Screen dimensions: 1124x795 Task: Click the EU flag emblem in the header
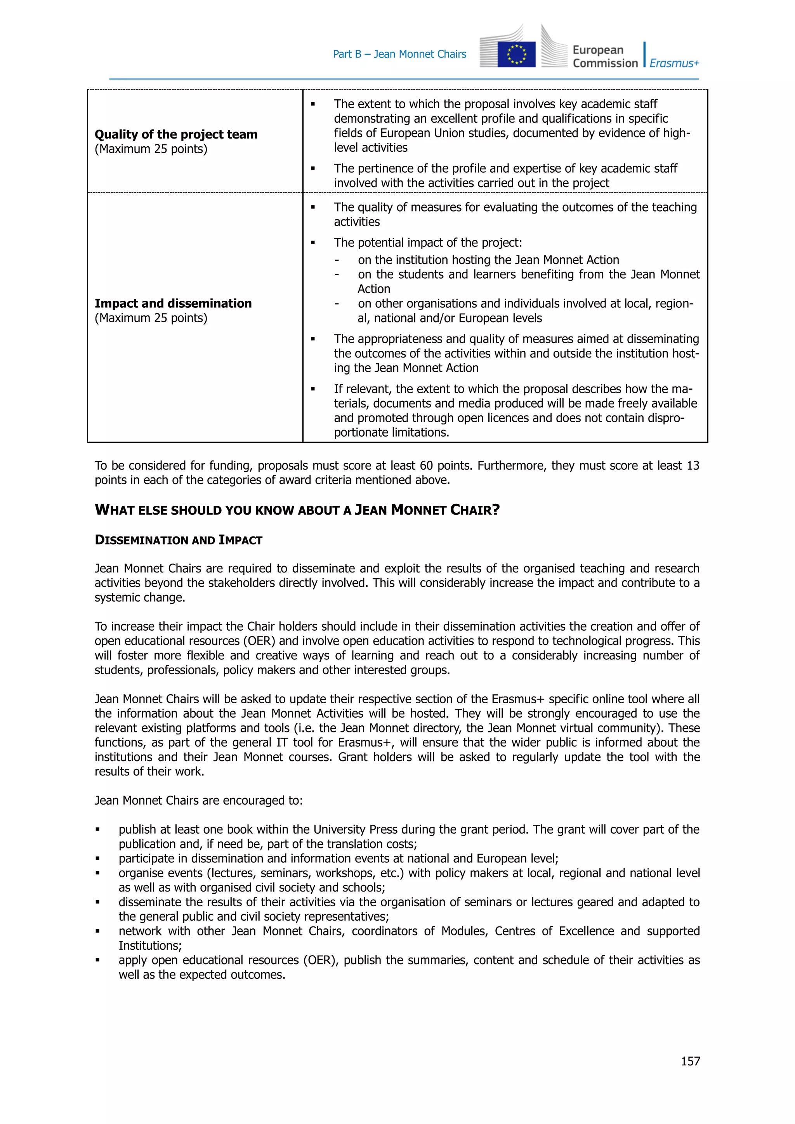tap(516, 54)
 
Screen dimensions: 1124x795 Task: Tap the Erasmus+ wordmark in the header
tap(674, 63)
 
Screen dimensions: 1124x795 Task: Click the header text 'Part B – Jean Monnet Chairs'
tap(399, 54)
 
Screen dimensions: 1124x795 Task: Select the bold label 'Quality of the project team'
tap(176, 135)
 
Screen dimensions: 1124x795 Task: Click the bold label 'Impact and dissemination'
tap(173, 304)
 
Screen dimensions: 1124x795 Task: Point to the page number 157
tap(690, 1061)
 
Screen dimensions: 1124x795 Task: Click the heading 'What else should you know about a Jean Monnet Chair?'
tap(297, 510)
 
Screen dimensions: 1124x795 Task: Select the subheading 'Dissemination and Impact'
tap(178, 541)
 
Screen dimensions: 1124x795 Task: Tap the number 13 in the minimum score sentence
tap(693, 466)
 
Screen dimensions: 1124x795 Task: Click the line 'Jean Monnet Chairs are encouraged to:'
tap(199, 800)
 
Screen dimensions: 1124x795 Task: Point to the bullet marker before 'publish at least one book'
tap(98, 830)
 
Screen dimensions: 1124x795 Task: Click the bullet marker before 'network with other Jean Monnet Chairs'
tap(98, 931)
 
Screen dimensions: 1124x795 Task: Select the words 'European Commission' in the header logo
tap(605, 57)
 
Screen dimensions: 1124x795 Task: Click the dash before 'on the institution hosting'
tap(337, 260)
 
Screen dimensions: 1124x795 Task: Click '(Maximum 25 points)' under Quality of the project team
tap(151, 149)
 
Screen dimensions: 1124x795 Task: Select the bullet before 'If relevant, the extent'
tap(313, 389)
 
